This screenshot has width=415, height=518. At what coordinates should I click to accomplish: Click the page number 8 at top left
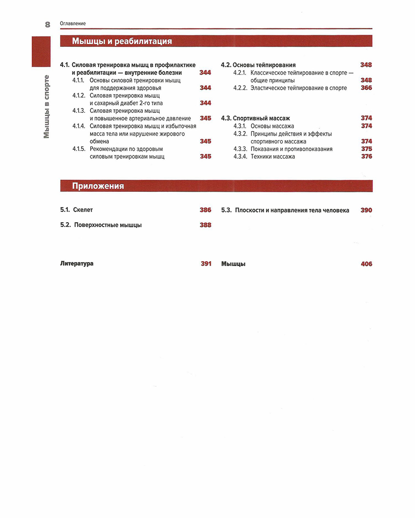(x=47, y=24)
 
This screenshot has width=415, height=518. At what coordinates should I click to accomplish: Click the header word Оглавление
(x=73, y=24)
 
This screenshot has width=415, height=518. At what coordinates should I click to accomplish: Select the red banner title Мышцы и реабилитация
(x=122, y=41)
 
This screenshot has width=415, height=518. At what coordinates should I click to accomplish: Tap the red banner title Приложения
(x=98, y=186)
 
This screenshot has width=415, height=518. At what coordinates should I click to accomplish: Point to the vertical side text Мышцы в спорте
(x=46, y=106)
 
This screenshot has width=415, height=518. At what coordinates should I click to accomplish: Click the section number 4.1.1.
(x=79, y=80)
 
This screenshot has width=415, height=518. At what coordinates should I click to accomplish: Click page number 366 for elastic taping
(x=366, y=88)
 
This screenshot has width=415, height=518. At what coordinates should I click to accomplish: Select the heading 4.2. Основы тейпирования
(x=258, y=65)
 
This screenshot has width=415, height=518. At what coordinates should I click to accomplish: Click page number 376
(x=366, y=157)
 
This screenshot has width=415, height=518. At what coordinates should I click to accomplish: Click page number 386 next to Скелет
(x=206, y=210)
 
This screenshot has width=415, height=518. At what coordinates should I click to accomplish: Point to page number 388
(x=206, y=225)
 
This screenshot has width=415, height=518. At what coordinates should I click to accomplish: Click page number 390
(x=366, y=210)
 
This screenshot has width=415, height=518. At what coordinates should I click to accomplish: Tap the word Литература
(x=77, y=264)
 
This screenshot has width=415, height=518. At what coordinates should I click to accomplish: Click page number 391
(x=206, y=264)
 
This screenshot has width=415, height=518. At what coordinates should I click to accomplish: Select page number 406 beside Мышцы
(x=366, y=264)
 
